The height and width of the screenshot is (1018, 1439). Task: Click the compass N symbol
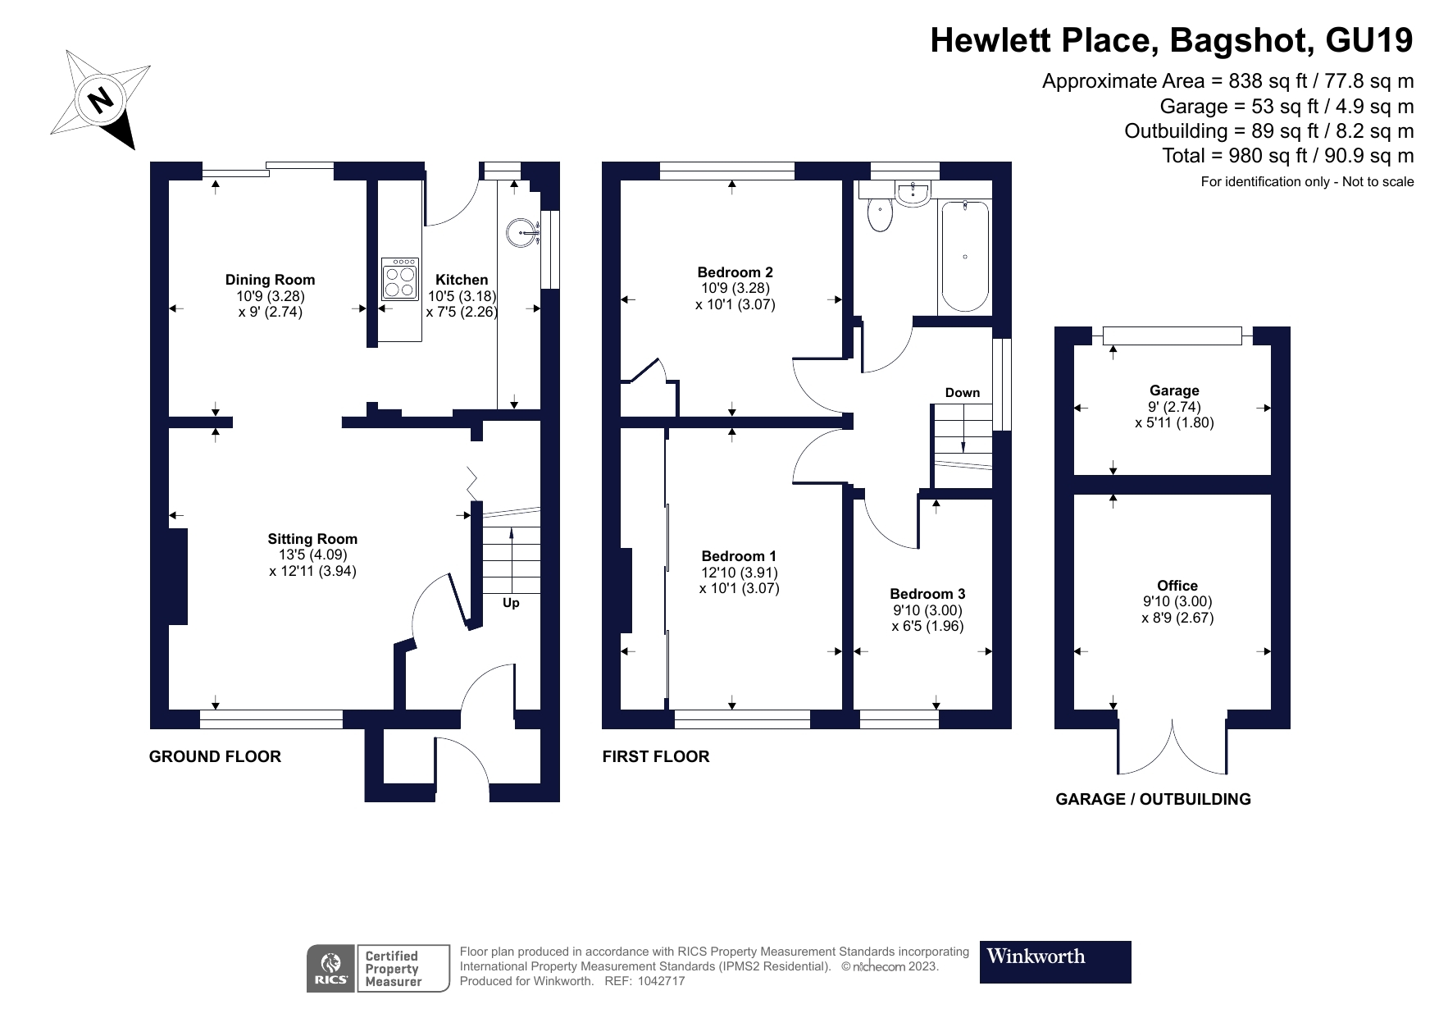(x=102, y=100)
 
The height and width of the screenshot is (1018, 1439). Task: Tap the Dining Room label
(x=270, y=280)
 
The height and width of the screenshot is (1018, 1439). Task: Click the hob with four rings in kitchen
(x=400, y=278)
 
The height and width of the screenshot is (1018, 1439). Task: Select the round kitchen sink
(x=522, y=231)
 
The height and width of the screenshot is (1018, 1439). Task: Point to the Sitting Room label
(x=312, y=539)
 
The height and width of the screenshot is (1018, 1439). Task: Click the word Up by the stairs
(x=511, y=603)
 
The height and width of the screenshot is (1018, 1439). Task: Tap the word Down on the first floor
(x=962, y=393)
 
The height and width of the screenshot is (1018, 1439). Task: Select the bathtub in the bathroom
(x=964, y=255)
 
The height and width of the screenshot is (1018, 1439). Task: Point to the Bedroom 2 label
(x=735, y=272)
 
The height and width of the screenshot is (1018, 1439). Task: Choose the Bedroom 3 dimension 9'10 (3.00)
(x=927, y=610)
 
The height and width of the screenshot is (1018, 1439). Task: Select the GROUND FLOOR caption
(x=215, y=756)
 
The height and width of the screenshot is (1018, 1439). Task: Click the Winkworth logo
(x=1054, y=961)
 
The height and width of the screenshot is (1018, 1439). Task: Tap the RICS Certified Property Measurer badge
(x=378, y=968)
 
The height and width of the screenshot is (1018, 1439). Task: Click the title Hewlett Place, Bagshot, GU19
(x=1171, y=40)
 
